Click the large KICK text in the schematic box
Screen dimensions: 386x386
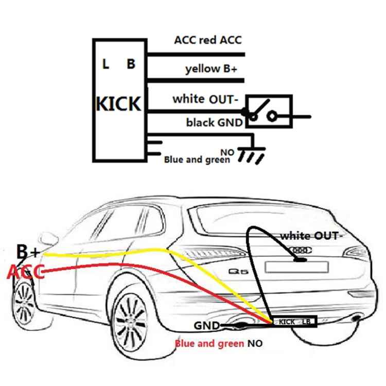(x=118, y=103)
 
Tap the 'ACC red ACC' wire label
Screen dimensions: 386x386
(x=208, y=40)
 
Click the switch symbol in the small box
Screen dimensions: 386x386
(x=268, y=111)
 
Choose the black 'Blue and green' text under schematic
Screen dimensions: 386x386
(x=197, y=160)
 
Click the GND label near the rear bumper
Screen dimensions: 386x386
(x=207, y=325)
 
